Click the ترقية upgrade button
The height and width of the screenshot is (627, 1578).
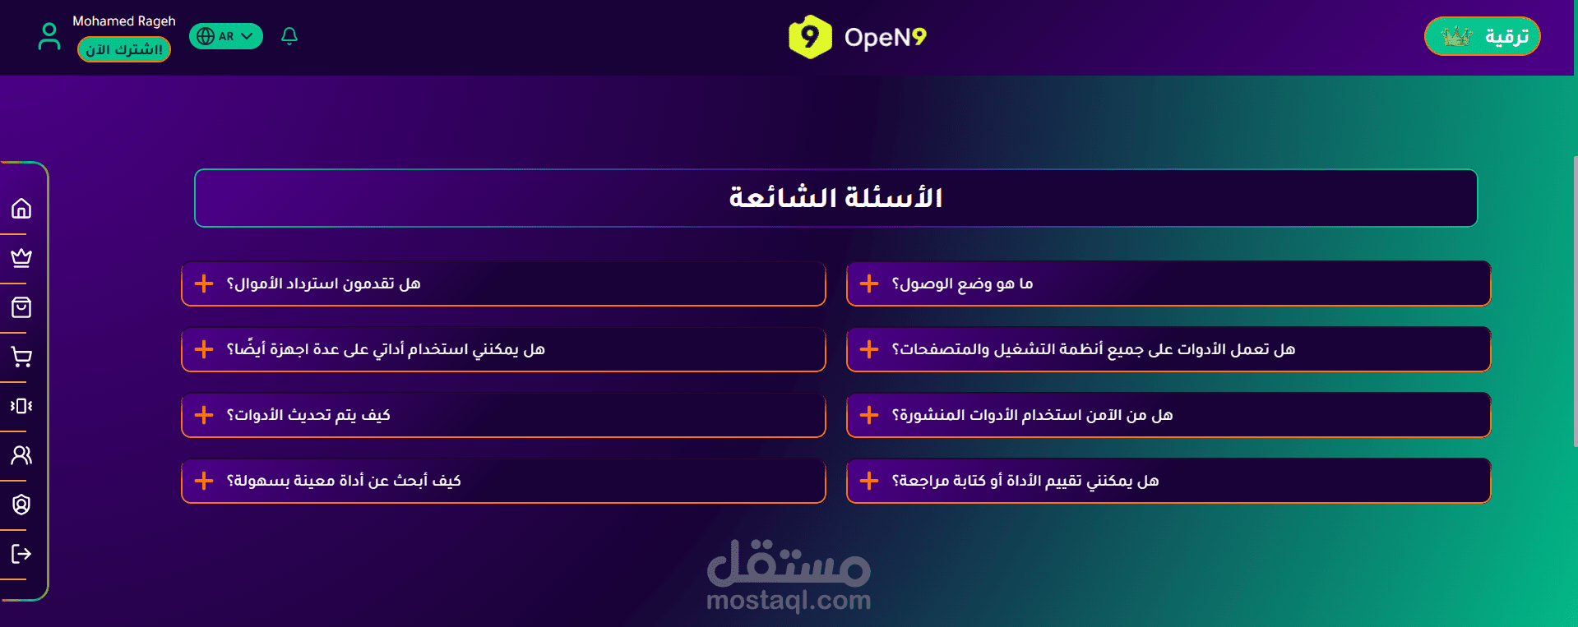pos(1482,36)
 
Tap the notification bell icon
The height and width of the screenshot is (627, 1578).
pos(289,36)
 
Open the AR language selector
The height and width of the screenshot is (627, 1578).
pos(226,36)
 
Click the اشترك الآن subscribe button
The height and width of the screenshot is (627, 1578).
pos(124,49)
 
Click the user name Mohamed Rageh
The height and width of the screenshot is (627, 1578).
pos(124,21)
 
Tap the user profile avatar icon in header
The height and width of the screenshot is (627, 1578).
pos(49,36)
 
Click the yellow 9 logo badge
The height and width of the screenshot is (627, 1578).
pos(810,37)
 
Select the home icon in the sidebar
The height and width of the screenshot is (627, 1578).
pos(21,209)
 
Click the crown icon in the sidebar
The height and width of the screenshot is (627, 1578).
pos(21,258)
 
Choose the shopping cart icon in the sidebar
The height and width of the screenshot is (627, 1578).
pos(21,357)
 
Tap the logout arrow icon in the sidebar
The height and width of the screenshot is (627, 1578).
pos(21,554)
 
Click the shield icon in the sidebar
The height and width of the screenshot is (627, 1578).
pos(21,505)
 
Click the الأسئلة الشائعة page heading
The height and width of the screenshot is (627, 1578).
pos(835,198)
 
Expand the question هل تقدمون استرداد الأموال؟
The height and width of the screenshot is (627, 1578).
pos(323,284)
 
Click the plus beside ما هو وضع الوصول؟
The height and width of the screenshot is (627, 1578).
pos(869,284)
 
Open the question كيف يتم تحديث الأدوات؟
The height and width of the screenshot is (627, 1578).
pos(308,415)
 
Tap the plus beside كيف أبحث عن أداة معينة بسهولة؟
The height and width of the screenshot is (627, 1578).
pos(204,481)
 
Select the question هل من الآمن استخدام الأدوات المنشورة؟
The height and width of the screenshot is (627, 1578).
pos(1032,415)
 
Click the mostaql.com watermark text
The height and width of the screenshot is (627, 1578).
pos(789,601)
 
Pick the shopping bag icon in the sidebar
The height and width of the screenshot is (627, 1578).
pos(21,307)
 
